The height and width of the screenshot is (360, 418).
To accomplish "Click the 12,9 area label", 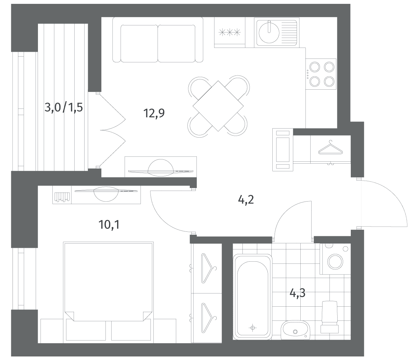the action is point(154,113).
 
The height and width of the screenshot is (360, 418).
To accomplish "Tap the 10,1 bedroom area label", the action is point(109,225).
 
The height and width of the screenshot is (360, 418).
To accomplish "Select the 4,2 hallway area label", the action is point(246,200).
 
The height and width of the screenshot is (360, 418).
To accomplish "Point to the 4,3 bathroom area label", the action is point(297,293).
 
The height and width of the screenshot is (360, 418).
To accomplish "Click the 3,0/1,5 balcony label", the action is point(63,107).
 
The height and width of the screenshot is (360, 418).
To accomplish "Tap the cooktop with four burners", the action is point(321,74).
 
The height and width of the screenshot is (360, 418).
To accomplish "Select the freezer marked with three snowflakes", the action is point(230,32).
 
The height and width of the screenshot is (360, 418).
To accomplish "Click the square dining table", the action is point(218,106).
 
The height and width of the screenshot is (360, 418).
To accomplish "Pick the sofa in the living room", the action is point(158,40).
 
